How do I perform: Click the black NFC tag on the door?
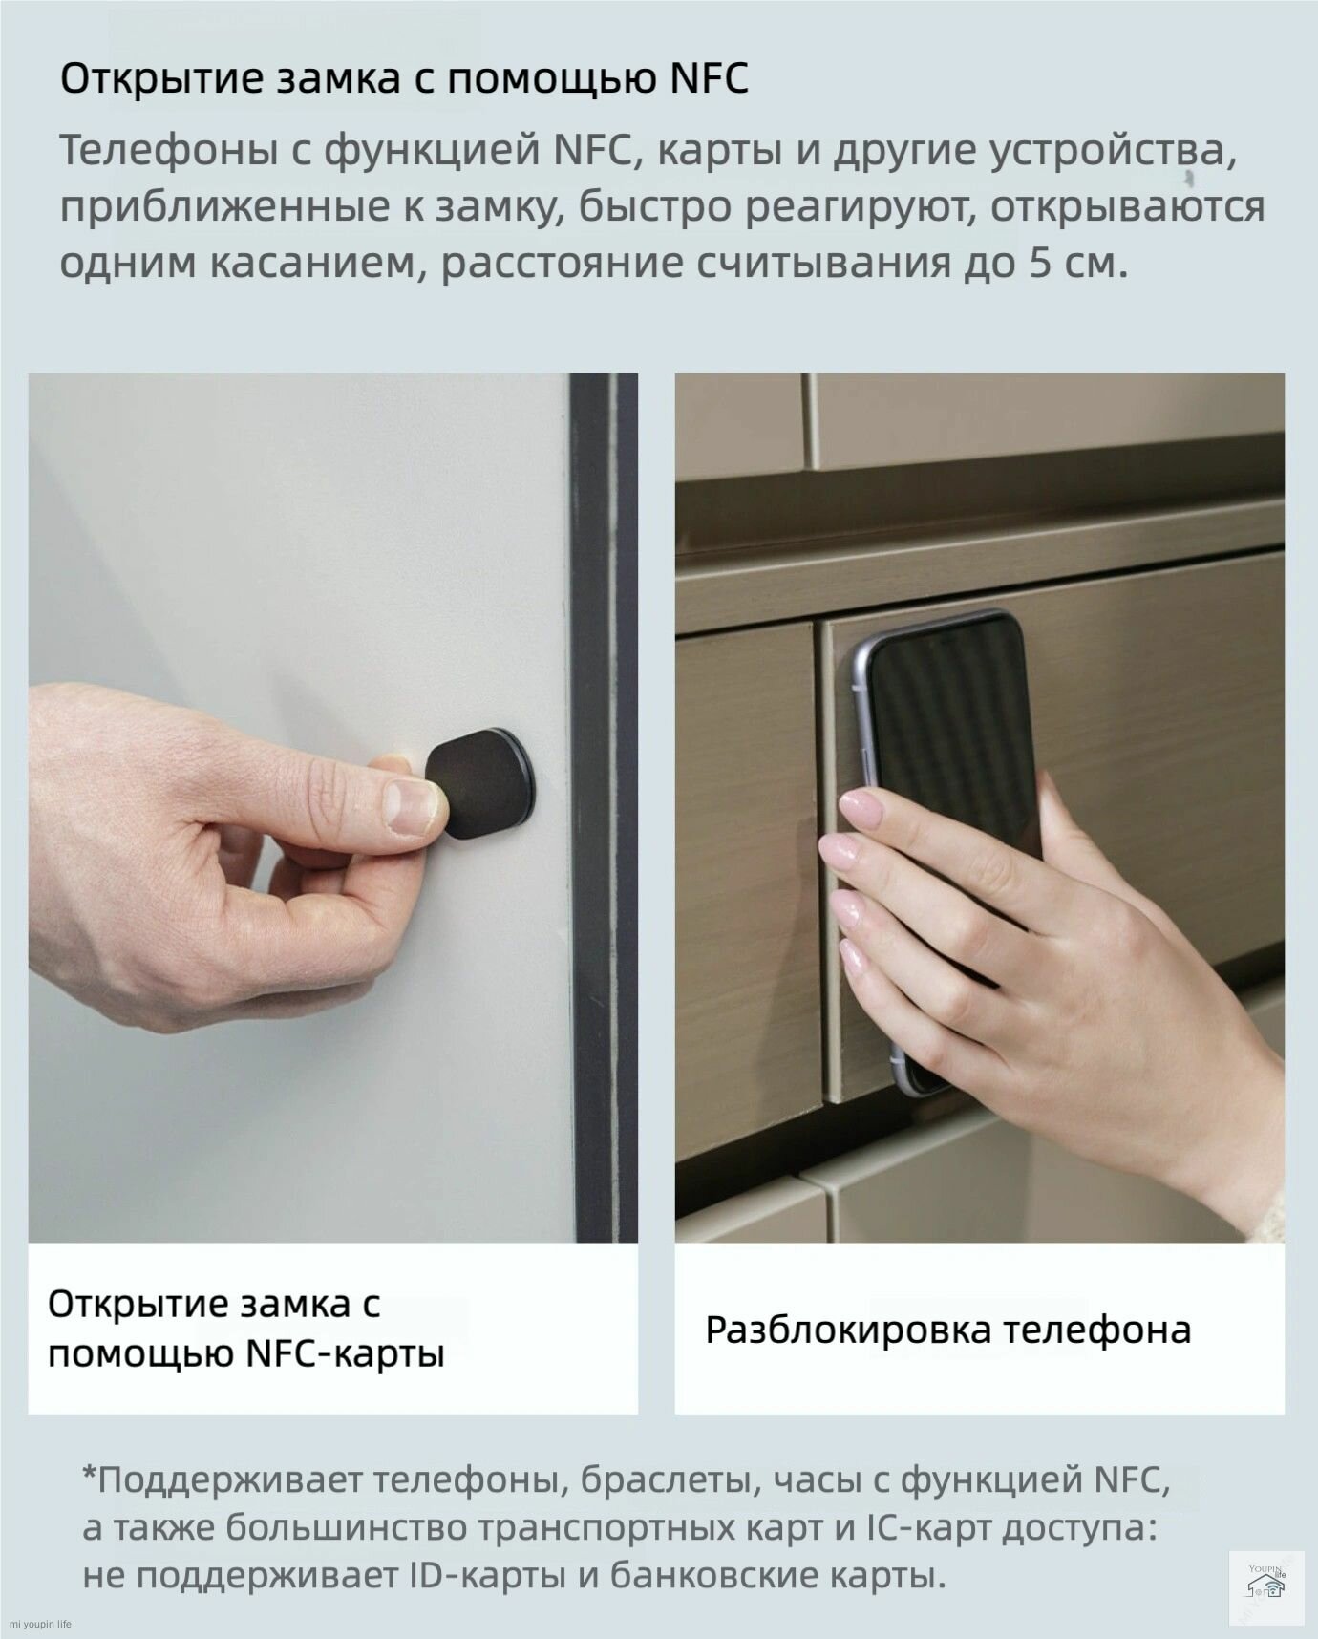pos(478,783)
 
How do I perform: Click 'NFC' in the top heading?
pos(709,78)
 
